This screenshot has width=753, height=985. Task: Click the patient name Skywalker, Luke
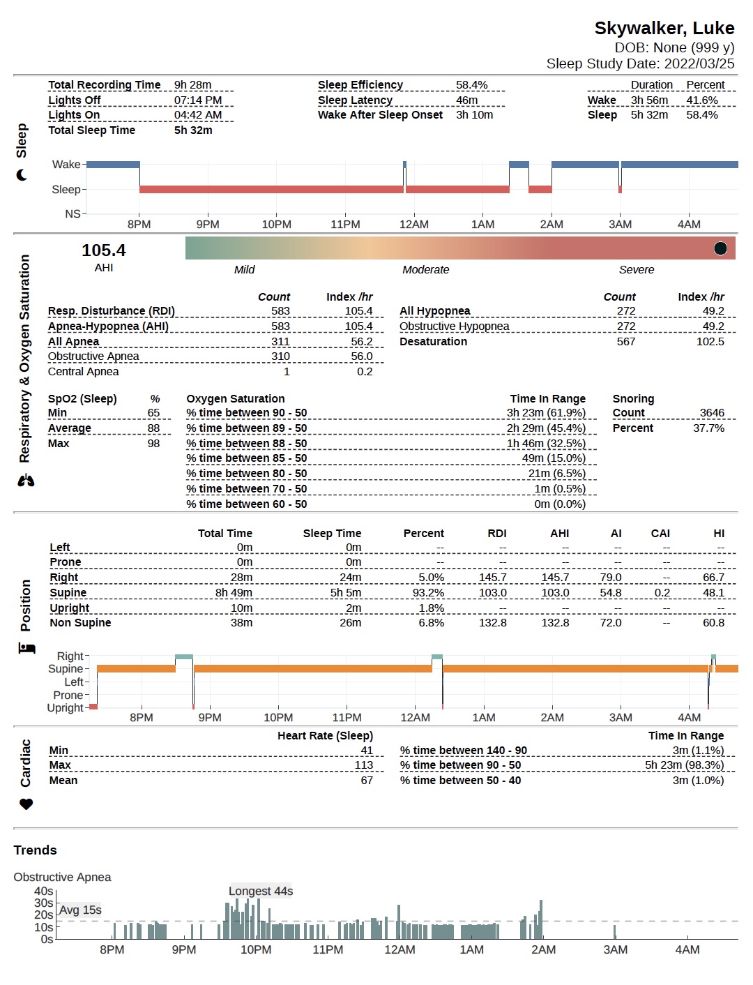tap(664, 28)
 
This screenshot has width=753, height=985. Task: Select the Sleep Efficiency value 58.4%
tap(471, 85)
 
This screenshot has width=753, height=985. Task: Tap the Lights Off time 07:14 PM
tap(198, 100)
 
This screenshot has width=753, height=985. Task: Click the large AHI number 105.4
tap(104, 250)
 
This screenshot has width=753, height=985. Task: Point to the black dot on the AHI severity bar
tap(720, 248)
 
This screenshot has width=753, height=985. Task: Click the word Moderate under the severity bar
tap(425, 270)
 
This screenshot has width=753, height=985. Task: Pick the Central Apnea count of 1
tap(286, 372)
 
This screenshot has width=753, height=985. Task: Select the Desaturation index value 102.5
tap(710, 342)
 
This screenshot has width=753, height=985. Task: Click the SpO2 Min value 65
tap(153, 413)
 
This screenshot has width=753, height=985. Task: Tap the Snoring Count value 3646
tap(711, 413)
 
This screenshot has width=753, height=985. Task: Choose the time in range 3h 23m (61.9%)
tap(546, 413)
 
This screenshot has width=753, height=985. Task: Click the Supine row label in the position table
tap(68, 593)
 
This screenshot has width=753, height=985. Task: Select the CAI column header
tap(660, 534)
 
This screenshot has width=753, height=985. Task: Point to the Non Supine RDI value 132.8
tap(492, 623)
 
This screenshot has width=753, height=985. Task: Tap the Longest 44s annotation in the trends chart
tap(261, 892)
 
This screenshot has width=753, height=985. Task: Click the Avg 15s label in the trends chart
tap(80, 910)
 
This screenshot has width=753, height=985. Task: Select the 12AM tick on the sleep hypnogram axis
tap(413, 225)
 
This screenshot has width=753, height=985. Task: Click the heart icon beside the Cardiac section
tap(26, 804)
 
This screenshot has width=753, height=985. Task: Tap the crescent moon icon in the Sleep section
tap(22, 175)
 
